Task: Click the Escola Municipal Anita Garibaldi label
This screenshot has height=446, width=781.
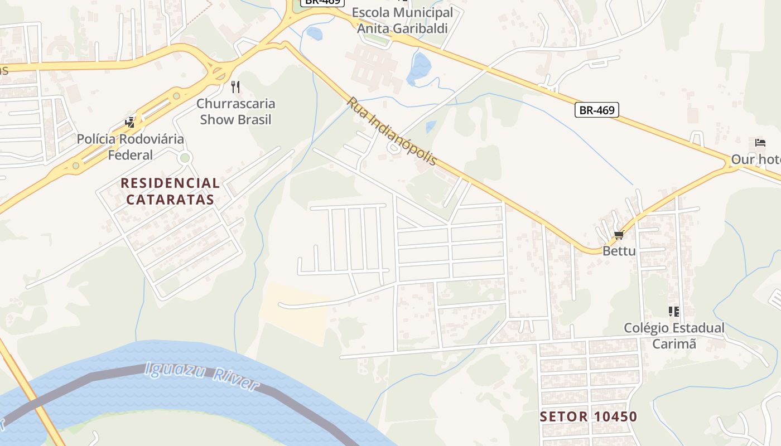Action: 402,20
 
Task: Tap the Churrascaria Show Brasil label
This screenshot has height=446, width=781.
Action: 235,111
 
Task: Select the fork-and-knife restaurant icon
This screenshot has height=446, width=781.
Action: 235,86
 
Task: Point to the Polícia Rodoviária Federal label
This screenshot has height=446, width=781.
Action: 130,147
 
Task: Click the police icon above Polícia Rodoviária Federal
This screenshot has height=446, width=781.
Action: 130,122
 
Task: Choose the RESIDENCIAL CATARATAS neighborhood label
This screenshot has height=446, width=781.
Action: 170,191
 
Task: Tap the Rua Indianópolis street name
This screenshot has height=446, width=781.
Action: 392,132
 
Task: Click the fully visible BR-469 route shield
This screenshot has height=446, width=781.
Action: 596,110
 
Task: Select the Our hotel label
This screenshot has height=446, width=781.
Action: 756,159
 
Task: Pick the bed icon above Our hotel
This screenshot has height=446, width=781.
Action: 760,143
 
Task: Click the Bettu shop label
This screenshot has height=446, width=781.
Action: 619,251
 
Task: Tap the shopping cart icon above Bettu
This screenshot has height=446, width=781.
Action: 618,235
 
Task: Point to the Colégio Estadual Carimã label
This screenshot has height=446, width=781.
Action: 674,336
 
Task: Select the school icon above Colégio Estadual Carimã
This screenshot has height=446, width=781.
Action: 674,311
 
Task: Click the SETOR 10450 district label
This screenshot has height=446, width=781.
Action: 589,416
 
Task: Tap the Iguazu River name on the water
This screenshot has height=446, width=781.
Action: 201,376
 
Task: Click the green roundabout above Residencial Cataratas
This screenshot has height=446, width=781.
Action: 185,158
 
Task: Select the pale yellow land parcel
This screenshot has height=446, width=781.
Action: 295,312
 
